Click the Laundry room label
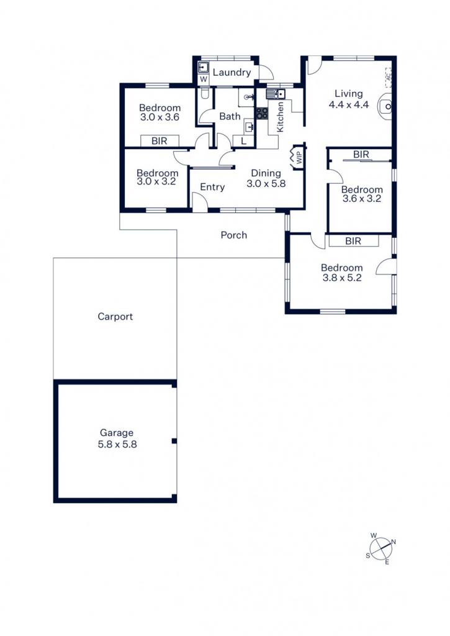click(232, 73)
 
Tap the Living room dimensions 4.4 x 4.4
click(349, 104)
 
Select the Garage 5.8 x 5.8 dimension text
click(117, 444)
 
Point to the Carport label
click(115, 316)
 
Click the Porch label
click(233, 235)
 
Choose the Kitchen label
click(280, 117)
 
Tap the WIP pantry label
click(300, 157)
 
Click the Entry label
click(212, 187)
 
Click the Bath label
click(230, 116)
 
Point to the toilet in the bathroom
click(205, 94)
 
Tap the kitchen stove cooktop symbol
click(262, 113)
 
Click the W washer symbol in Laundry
click(204, 79)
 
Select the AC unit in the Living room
click(388, 77)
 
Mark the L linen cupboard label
click(243, 141)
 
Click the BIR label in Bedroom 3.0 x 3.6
click(160, 141)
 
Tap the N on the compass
click(394, 542)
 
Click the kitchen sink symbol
click(276, 94)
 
